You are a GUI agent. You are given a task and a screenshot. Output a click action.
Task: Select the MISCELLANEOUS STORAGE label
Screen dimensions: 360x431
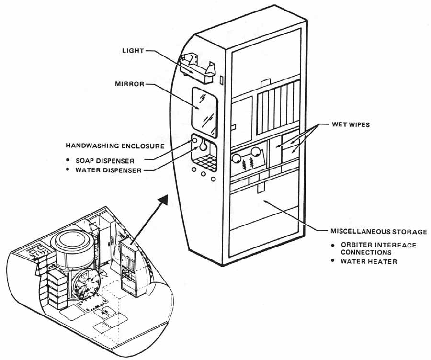378,231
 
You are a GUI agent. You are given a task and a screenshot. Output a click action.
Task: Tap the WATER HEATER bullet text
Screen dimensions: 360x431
368,262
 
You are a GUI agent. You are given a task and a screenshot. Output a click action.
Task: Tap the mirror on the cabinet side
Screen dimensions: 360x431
204,109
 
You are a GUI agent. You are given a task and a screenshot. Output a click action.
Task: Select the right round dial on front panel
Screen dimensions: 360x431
257,154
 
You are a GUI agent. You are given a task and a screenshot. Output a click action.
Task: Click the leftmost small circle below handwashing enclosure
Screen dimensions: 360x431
193,169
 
